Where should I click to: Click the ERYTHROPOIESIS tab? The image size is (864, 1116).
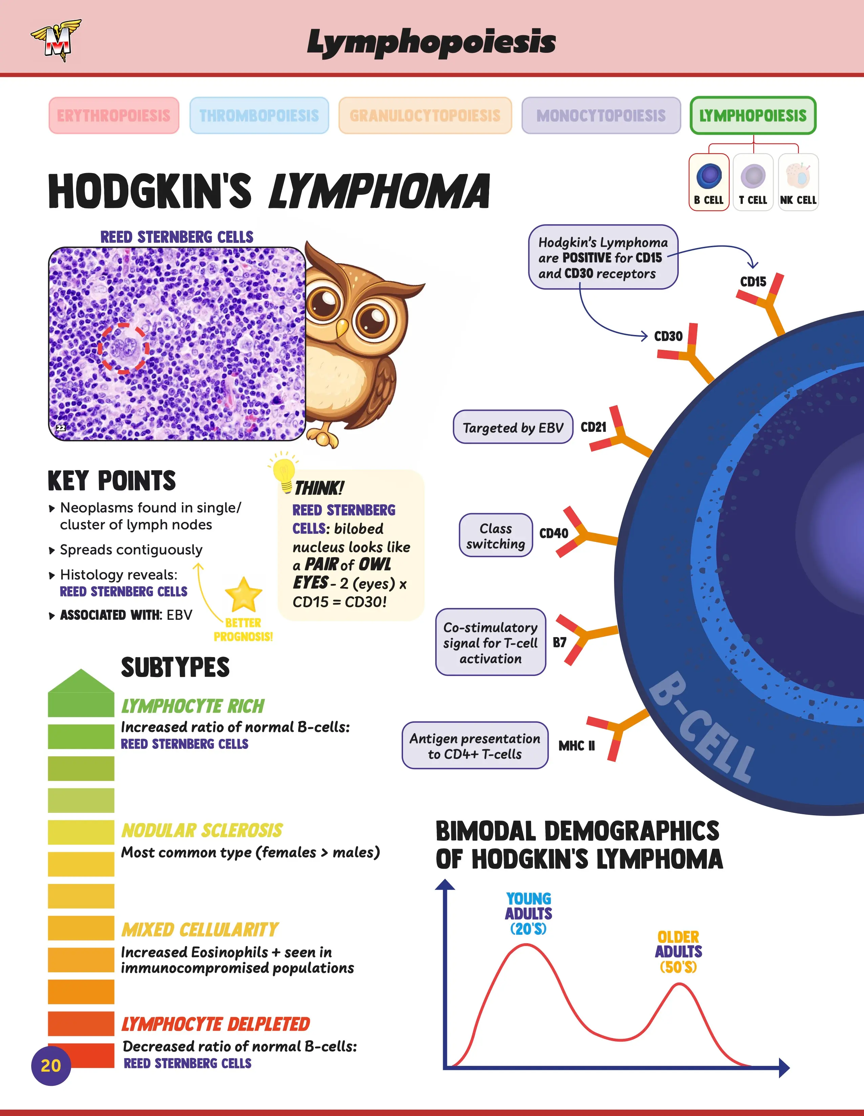point(114,115)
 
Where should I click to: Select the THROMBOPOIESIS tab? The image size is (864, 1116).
point(259,115)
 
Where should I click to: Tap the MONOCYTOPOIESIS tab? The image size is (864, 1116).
point(601,115)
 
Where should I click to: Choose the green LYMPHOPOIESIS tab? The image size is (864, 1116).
point(753,115)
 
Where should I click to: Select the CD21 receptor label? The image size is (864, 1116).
point(593,427)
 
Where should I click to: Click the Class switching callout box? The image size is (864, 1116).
point(496,535)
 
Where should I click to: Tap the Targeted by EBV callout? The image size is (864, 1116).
point(513,427)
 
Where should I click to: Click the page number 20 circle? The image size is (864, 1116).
point(51,1066)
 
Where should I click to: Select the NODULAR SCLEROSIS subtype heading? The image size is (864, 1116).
point(202,831)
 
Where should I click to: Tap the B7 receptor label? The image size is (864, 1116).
point(560,642)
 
